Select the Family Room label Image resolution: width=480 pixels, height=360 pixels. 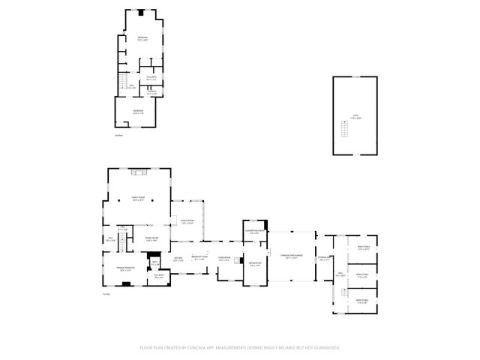(139, 199)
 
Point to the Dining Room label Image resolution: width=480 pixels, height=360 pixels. (151, 240)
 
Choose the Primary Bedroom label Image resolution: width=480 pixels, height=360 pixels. (124, 269)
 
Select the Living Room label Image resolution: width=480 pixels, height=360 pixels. (223, 259)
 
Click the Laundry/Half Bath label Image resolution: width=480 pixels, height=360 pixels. (255, 232)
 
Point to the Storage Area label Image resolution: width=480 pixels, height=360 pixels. (323, 259)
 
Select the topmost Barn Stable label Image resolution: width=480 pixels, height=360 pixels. (362, 247)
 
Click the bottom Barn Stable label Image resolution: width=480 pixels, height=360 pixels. (362, 301)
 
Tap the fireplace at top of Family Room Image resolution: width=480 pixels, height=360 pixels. (137, 172)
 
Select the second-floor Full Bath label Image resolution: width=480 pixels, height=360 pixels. (151, 77)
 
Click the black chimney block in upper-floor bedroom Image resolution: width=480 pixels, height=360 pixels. (139, 12)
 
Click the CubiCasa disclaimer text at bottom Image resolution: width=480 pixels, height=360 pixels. (240, 348)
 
